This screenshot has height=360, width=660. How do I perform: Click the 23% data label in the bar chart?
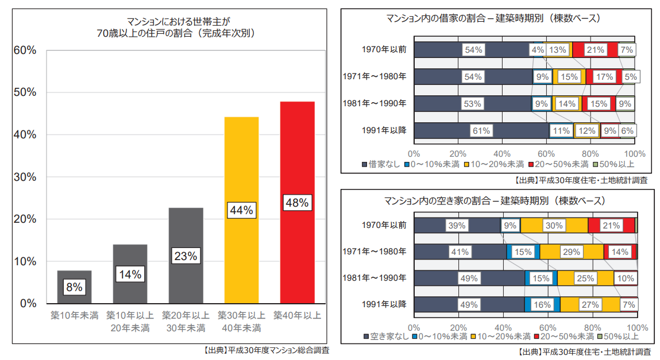(x=186, y=256)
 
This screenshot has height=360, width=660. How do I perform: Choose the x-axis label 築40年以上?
(x=297, y=315)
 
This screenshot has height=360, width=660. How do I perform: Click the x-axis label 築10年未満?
(x=74, y=315)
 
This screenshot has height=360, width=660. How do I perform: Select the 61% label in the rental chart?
(x=481, y=131)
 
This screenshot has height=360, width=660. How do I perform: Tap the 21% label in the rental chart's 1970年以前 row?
(x=595, y=50)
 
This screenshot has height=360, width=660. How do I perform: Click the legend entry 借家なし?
(x=381, y=165)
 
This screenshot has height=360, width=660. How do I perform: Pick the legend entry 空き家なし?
(x=384, y=336)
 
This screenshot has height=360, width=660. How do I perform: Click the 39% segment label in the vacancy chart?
(x=457, y=226)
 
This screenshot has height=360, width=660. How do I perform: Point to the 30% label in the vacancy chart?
(x=554, y=226)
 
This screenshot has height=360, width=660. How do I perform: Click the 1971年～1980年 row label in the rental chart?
(x=375, y=76)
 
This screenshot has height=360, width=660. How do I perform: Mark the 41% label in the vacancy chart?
(x=460, y=252)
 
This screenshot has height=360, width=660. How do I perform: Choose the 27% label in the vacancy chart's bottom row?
(x=590, y=305)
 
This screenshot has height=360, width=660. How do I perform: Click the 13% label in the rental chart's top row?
(x=557, y=50)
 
